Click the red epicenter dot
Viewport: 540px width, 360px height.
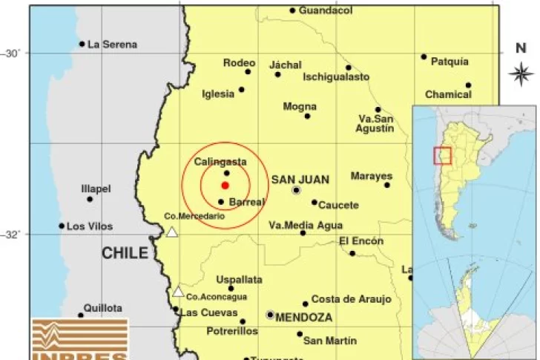(225, 186)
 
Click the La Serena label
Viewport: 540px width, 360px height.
(112, 45)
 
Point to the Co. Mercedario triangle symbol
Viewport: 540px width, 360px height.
(172, 232)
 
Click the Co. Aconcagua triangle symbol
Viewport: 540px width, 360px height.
(178, 292)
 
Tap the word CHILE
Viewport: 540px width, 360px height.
(125, 254)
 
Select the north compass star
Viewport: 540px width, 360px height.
(521, 73)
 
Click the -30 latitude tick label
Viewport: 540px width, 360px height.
(13, 53)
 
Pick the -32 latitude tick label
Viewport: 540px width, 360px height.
(13, 235)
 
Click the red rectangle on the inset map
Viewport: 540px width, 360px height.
(442, 155)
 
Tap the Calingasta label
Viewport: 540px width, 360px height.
(220, 162)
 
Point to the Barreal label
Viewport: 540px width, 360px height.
(247, 202)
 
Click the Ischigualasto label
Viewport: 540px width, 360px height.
(336, 76)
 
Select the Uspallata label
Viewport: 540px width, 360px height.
(239, 280)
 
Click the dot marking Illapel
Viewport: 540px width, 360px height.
(90, 199)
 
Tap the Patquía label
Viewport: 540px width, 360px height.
(450, 62)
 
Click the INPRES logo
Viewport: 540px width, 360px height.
(79, 340)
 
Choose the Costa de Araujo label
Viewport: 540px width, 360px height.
(351, 299)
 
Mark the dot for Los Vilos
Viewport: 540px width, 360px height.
(62, 226)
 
